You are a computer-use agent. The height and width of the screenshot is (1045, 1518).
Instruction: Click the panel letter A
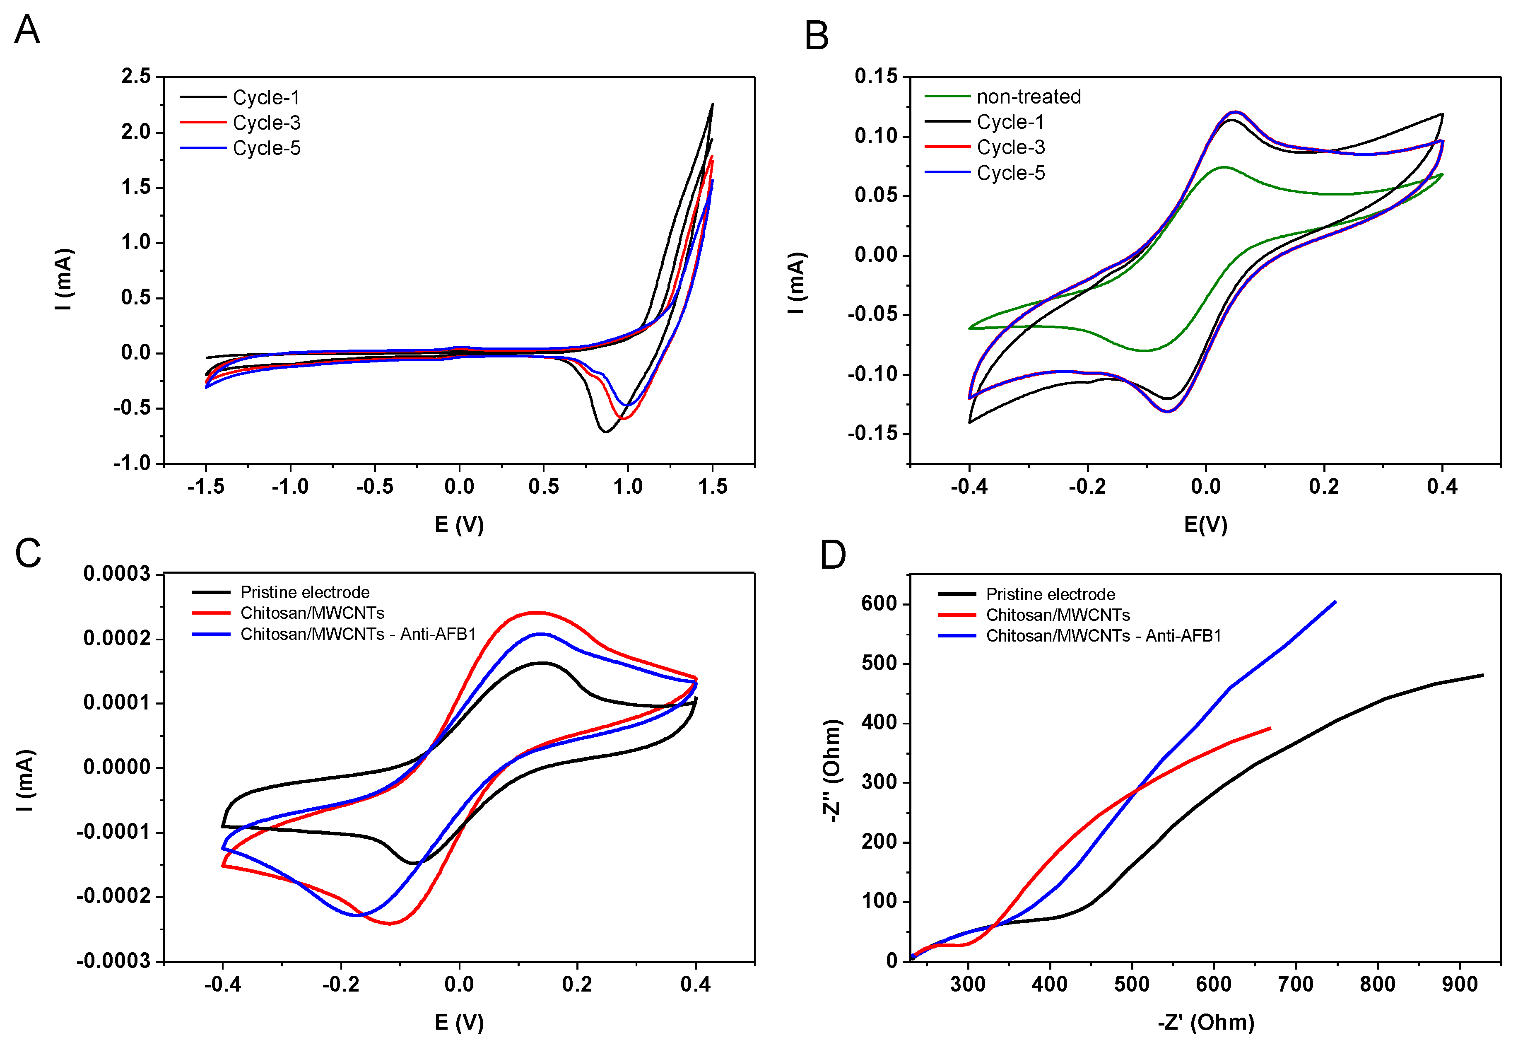27,30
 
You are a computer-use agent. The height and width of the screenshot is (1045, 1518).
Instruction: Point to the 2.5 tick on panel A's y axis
135,77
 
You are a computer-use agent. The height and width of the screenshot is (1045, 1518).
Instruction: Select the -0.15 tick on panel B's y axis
873,434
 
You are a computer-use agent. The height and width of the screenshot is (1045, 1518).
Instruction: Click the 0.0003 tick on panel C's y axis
116,574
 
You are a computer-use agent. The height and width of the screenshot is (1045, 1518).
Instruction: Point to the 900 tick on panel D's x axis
1459,984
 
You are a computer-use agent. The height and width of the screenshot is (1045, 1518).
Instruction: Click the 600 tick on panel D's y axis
879,604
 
